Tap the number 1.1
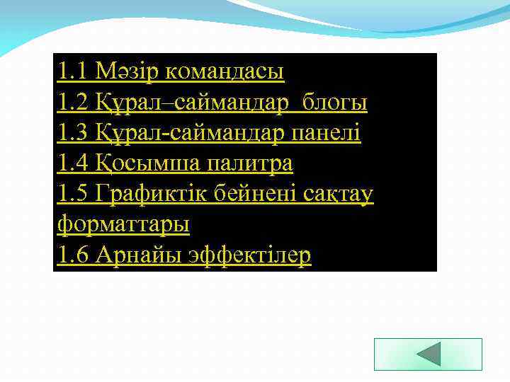tap(73, 71)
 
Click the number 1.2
tap(73, 103)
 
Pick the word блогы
tap(335, 103)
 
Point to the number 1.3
tap(73, 133)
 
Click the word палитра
tap(249, 163)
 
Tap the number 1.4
tap(73, 163)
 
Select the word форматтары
tap(123, 224)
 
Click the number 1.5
tap(73, 194)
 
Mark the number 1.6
tap(73, 255)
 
